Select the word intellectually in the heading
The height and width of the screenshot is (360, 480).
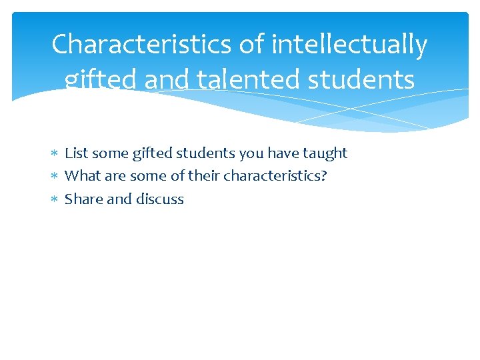[349, 45]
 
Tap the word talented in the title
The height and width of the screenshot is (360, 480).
[227, 80]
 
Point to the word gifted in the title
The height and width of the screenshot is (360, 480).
[101, 80]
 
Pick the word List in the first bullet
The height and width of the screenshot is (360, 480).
[76, 153]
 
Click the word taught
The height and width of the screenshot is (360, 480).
[325, 153]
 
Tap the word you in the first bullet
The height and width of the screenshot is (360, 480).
[251, 153]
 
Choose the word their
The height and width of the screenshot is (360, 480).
[204, 176]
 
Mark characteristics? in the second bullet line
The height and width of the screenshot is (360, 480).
[275, 176]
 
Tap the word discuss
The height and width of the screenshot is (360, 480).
[160, 199]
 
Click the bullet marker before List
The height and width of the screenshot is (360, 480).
[55, 154]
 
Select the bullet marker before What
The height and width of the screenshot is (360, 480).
[55, 177]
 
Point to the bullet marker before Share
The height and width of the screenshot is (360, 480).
[55, 199]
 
